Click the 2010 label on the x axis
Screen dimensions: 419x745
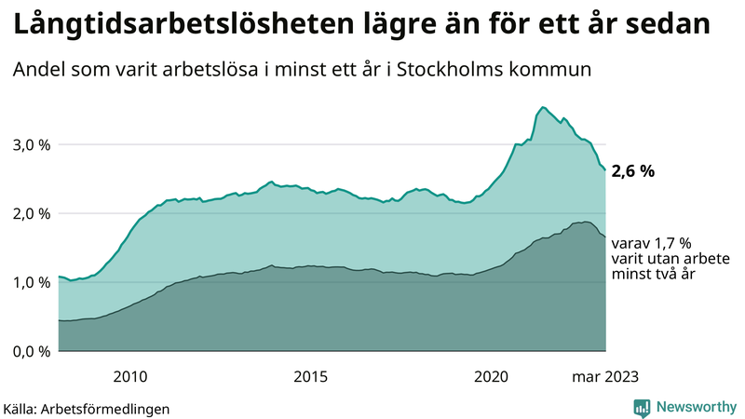tap(130, 376)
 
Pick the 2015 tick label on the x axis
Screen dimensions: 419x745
tap(311, 376)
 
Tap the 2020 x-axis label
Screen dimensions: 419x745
tap(492, 376)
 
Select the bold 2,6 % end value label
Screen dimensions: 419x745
tap(633, 171)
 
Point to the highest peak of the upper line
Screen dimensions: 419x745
tap(543, 107)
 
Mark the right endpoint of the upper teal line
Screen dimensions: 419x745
tap(605, 170)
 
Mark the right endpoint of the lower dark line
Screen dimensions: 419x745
tap(605, 236)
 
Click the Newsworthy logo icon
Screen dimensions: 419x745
tap(643, 407)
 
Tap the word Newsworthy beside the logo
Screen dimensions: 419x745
tap(695, 407)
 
